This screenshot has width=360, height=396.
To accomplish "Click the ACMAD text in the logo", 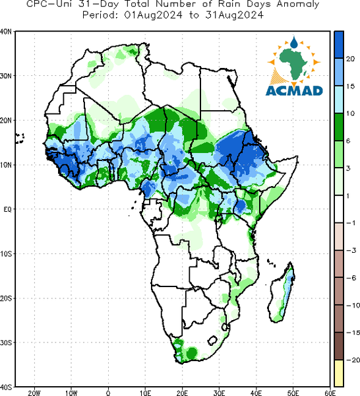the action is (294, 90).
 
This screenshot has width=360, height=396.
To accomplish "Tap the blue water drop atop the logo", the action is (294, 42).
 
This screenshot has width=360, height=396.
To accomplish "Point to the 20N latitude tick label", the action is (6, 120).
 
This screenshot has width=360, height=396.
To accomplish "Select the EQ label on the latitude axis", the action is (7, 209).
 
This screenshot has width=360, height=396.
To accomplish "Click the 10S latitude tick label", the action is (6, 254).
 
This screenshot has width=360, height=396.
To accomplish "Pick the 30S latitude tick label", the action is (6, 343).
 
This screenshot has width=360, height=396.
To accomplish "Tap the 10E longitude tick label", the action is (145, 393).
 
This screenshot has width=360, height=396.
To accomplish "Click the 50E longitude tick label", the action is (293, 393).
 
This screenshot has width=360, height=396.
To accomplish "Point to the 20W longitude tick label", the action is (34, 393).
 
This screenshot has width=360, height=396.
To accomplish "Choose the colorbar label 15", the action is (350, 86).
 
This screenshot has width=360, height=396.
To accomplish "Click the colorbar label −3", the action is (351, 250).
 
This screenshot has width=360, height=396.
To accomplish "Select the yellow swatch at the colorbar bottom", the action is (339, 373).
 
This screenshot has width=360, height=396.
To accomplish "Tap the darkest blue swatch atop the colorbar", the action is (339, 45).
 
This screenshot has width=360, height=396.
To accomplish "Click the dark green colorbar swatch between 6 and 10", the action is (339, 127).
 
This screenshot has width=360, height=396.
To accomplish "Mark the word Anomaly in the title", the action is (298, 5).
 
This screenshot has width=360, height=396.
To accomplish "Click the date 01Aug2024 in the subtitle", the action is (153, 15).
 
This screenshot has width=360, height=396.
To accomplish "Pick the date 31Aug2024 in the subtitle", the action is (234, 15).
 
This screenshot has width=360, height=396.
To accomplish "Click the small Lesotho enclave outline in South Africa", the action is (212, 340).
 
